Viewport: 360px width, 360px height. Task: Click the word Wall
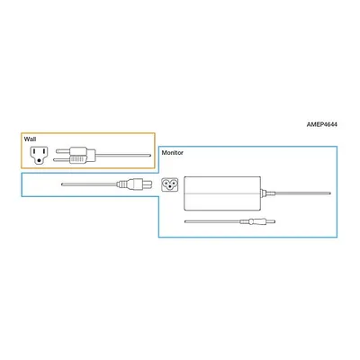pyautogui.click(x=30, y=139)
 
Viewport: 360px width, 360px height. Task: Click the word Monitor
pyautogui.click(x=173, y=152)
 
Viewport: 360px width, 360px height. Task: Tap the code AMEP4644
pyautogui.click(x=321, y=124)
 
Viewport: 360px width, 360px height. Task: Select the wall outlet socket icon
pyautogui.click(x=39, y=156)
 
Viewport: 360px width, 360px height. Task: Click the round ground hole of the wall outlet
pyautogui.click(x=39, y=161)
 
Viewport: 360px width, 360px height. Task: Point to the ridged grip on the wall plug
pyautogui.click(x=78, y=159)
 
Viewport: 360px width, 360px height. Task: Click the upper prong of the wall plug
pyautogui.click(x=64, y=151)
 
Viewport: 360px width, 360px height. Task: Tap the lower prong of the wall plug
pyautogui.click(x=62, y=160)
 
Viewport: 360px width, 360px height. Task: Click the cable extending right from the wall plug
pyautogui.click(x=123, y=155)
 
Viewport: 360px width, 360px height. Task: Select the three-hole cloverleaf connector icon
pyautogui.click(x=170, y=184)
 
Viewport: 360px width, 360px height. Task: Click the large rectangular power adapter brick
pyautogui.click(x=222, y=193)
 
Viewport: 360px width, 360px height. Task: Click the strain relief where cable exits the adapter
pyautogui.click(x=264, y=193)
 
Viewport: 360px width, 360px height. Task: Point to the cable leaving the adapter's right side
pyautogui.click(x=299, y=193)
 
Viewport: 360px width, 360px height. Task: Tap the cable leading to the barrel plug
pyautogui.click(x=212, y=221)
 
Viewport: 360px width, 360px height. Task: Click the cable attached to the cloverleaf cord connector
pyautogui.click(x=89, y=184)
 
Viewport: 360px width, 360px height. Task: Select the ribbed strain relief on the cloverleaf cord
pyautogui.click(x=121, y=184)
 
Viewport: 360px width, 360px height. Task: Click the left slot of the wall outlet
pyautogui.click(x=34, y=152)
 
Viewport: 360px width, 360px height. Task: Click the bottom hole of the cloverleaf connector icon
pyautogui.click(x=170, y=187)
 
